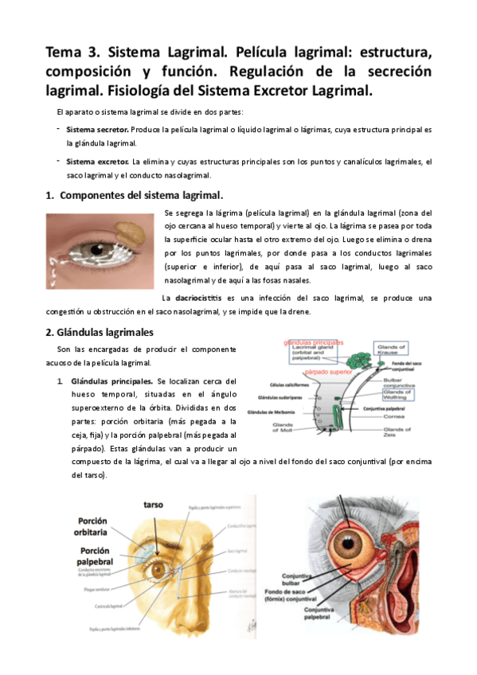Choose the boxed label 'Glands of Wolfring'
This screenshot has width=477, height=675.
pos(396,395)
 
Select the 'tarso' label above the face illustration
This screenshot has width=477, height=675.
pos(153,505)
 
